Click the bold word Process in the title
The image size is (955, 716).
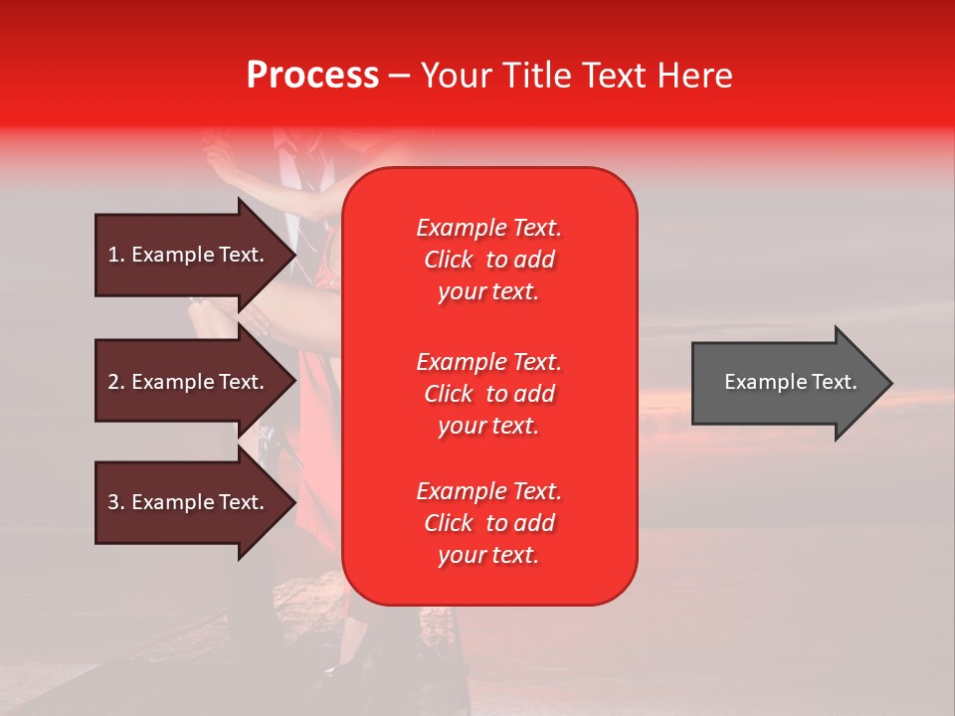(x=312, y=76)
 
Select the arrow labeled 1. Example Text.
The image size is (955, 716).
(x=189, y=255)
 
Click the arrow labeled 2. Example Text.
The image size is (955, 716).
(x=189, y=382)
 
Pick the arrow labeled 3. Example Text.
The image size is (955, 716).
(x=189, y=502)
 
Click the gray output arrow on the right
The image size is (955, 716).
(x=786, y=382)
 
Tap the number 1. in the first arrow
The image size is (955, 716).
(x=116, y=255)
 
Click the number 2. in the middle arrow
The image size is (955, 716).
(x=116, y=382)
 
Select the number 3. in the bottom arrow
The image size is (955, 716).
(x=116, y=502)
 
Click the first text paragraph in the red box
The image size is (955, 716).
(x=488, y=260)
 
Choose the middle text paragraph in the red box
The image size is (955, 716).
(x=488, y=394)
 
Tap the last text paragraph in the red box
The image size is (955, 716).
(x=488, y=523)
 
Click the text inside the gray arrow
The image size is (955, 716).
(x=790, y=382)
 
